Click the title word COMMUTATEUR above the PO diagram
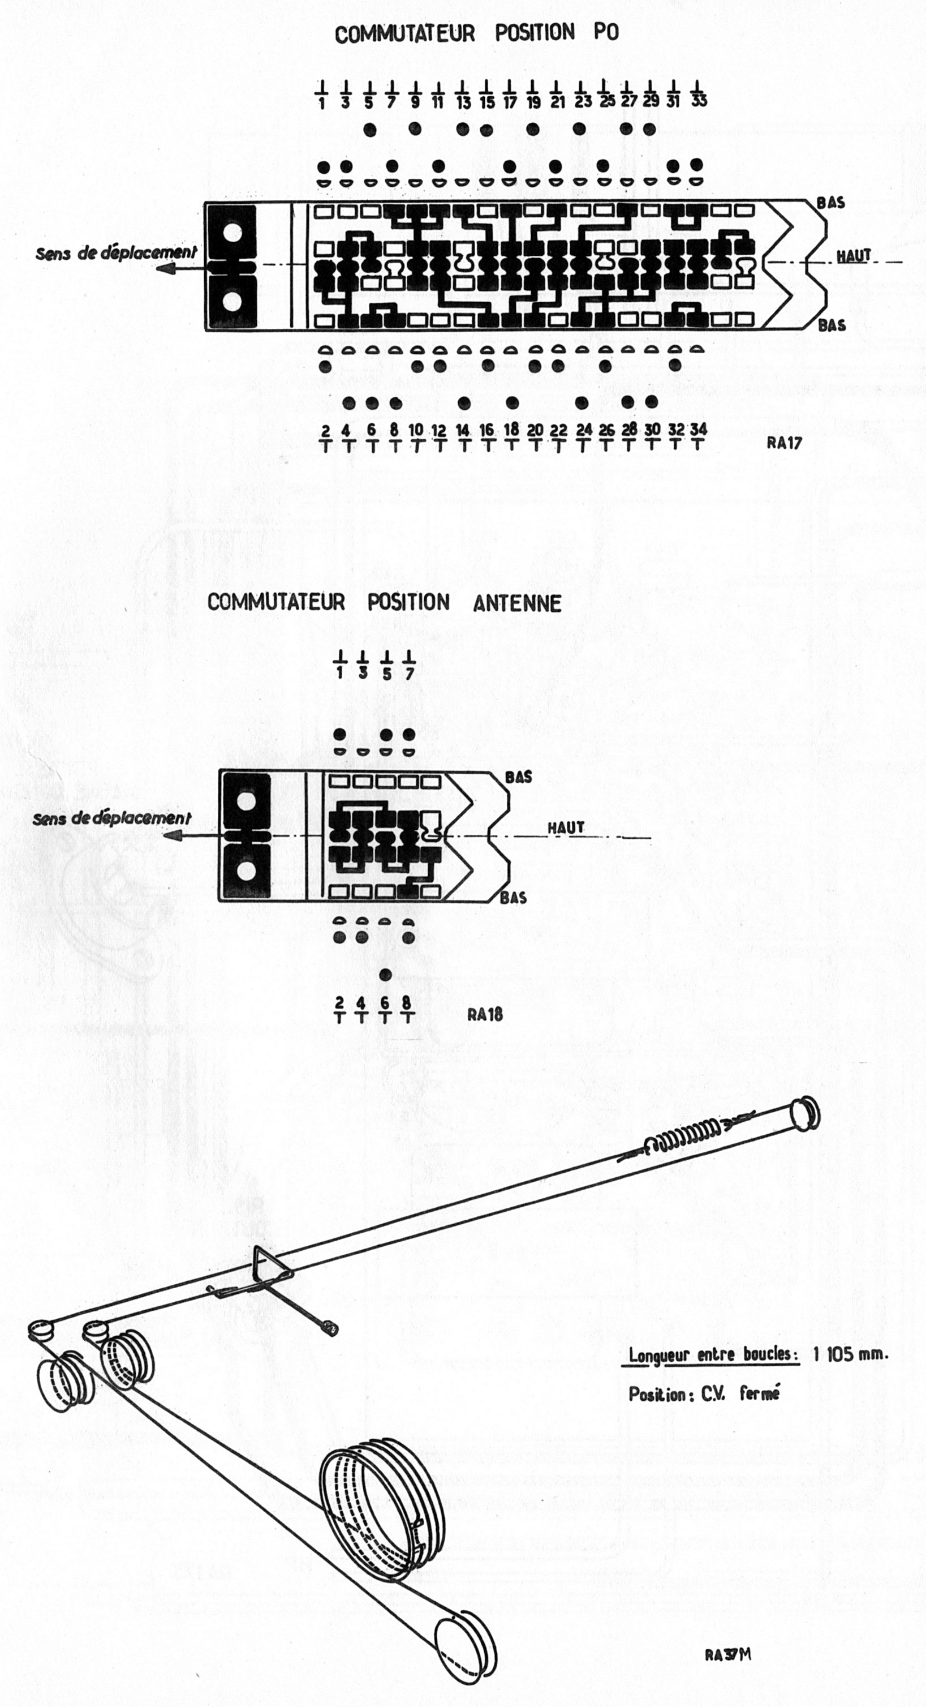(404, 33)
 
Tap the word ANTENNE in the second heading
(518, 603)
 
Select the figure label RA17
(784, 443)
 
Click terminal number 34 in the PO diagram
(698, 430)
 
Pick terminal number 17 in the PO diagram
(509, 102)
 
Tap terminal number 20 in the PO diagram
(535, 430)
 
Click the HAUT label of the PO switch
(853, 255)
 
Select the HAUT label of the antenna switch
(566, 827)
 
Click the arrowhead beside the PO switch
(166, 268)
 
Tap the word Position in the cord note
(656, 1393)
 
